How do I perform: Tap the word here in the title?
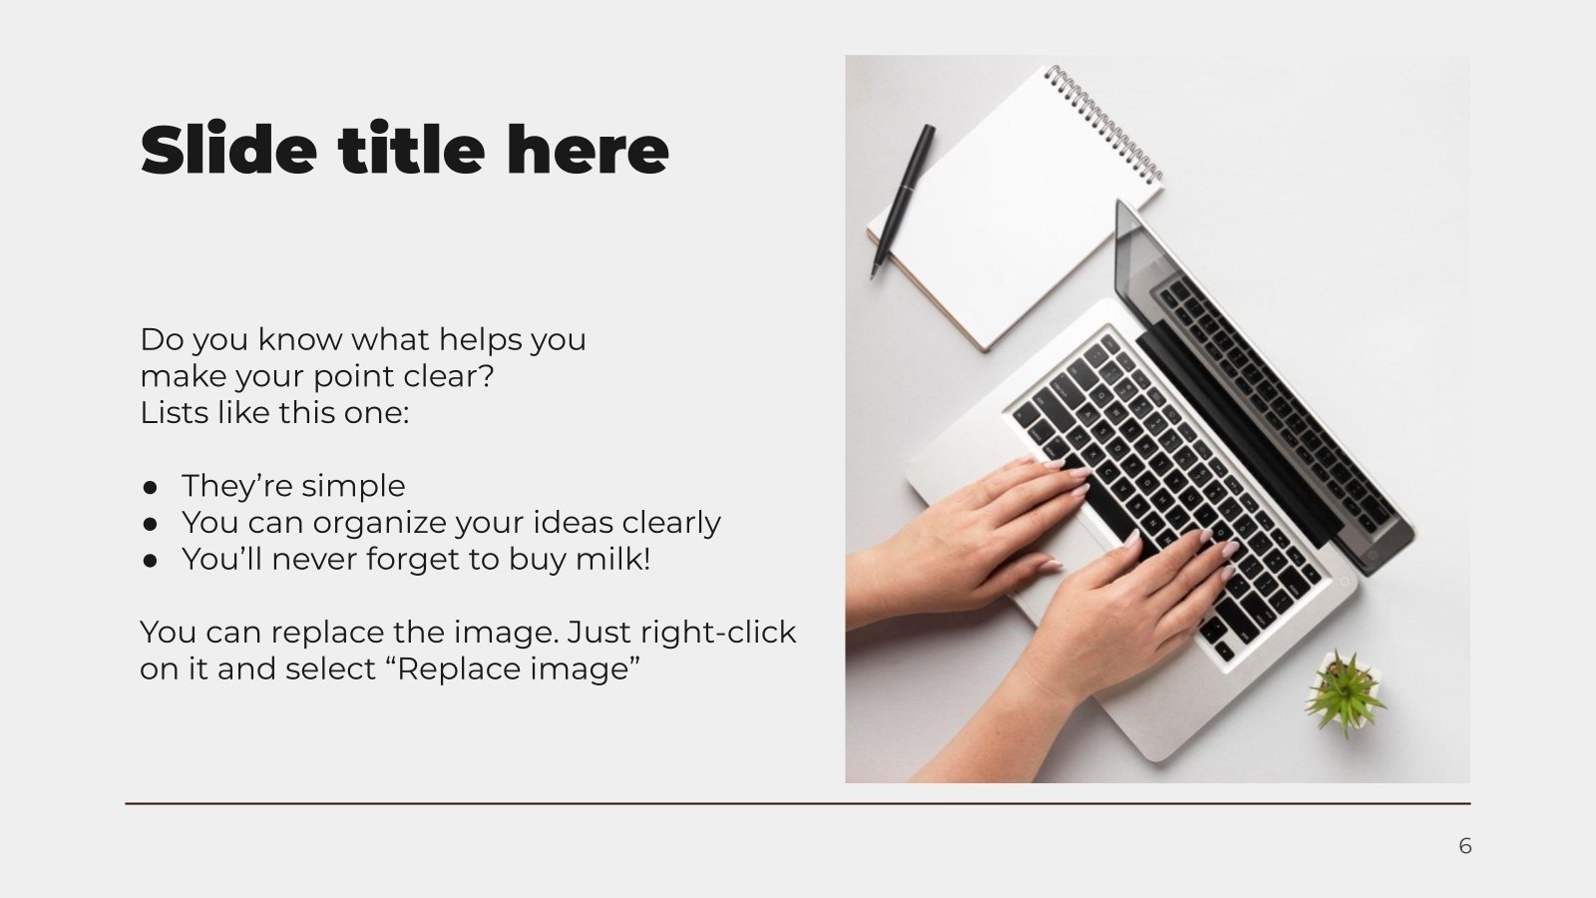(587, 150)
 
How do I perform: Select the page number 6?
(1464, 846)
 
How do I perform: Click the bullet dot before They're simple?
(151, 487)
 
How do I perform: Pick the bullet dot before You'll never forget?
(151, 560)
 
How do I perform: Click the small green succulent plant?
(1345, 690)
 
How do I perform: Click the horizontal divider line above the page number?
(798, 803)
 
